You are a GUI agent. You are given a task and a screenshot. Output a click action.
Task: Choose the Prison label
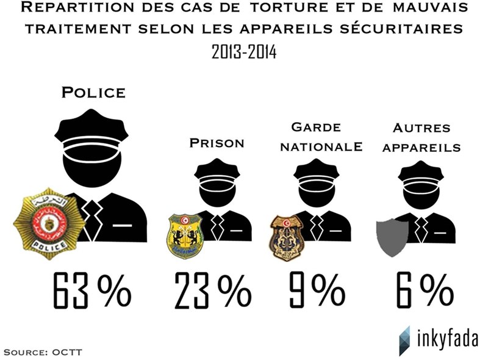click(x=217, y=143)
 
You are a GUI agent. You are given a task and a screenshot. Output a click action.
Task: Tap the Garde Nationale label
click(x=315, y=137)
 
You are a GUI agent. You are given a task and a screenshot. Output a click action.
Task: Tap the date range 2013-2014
click(x=244, y=51)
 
